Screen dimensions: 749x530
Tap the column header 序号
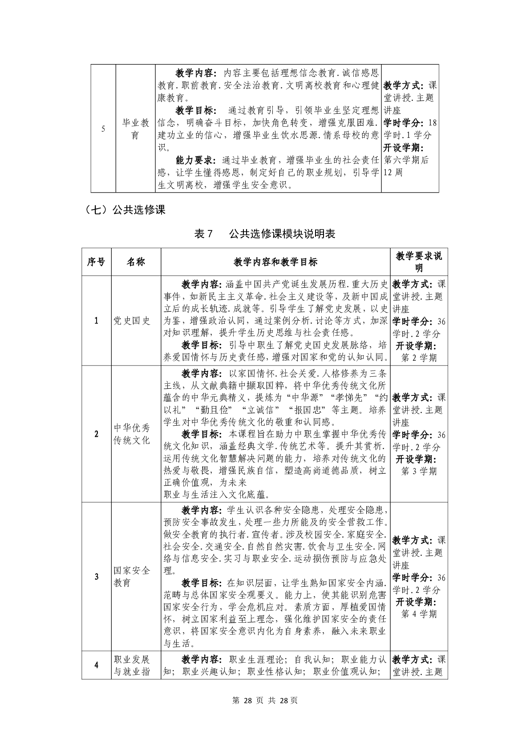point(96,262)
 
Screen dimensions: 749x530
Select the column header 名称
point(136,262)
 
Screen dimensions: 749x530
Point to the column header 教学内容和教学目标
point(275,262)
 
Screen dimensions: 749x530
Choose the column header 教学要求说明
point(419,262)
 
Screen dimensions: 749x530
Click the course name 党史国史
point(132,321)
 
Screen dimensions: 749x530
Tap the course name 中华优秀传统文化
point(132,434)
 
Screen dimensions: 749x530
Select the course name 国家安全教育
point(132,576)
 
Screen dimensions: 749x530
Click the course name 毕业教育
point(136,129)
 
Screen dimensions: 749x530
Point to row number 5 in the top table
point(103,129)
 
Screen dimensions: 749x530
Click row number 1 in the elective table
point(97,321)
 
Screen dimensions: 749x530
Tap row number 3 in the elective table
point(97,577)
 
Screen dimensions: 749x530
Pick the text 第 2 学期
point(419,358)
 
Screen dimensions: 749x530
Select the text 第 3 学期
point(419,471)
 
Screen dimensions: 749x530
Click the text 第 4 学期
point(419,614)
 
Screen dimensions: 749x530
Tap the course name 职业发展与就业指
point(132,665)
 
